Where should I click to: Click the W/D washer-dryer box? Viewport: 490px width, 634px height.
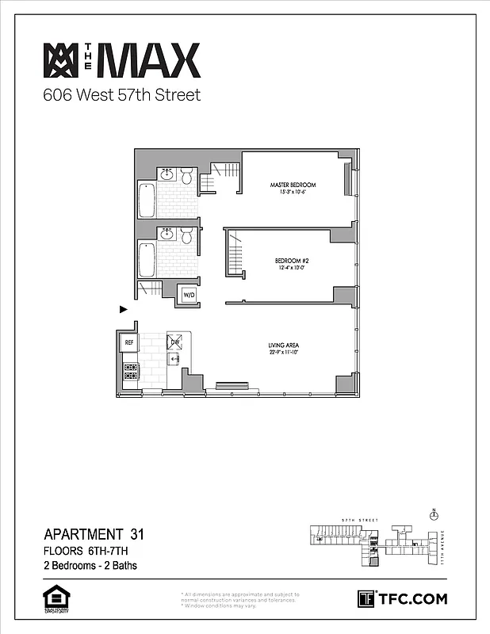(x=189, y=296)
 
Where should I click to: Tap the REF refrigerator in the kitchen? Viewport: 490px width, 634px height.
(x=128, y=342)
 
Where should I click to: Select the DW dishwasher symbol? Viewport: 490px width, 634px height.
(x=175, y=342)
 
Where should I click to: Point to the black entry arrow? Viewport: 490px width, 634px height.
(x=124, y=309)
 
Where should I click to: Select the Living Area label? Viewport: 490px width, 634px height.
(x=283, y=346)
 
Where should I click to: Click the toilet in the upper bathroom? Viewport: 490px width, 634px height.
(x=187, y=176)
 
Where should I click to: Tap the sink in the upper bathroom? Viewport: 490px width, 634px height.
(x=167, y=174)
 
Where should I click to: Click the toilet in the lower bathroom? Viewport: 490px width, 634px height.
(x=187, y=235)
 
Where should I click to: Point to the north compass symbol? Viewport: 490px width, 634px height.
(x=433, y=514)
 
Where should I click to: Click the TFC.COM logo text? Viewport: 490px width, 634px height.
(x=412, y=598)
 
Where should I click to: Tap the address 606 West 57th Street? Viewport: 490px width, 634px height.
(x=121, y=95)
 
